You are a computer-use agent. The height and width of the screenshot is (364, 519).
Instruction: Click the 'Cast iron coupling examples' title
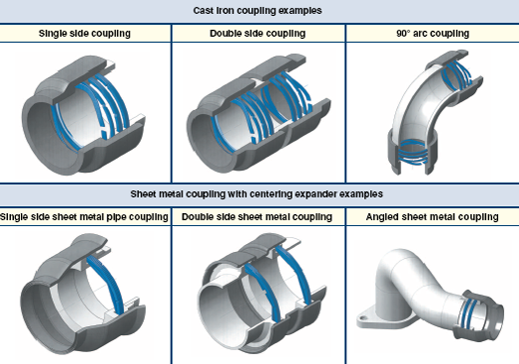258,11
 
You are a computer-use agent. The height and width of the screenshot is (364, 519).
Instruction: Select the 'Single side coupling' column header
85,34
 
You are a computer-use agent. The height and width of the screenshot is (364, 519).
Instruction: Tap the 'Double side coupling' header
258,34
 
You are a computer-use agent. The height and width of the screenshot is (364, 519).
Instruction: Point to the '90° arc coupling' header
432,34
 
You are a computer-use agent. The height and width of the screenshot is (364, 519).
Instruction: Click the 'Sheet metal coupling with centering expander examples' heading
257,194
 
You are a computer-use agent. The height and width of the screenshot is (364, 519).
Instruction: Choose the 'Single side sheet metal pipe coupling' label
84,217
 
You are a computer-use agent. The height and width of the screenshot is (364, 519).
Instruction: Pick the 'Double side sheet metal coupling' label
257,217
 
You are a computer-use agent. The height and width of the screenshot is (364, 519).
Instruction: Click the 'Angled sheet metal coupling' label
432,217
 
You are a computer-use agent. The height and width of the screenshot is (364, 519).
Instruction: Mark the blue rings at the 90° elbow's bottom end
412,153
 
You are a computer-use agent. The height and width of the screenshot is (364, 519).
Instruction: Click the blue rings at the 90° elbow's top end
456,76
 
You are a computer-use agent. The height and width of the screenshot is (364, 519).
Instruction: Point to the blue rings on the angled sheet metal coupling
469,313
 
